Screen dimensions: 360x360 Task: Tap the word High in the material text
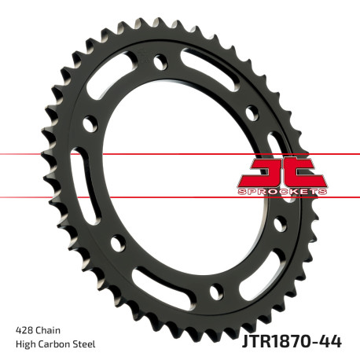coord(26,343)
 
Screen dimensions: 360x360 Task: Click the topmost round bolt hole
coord(161,60)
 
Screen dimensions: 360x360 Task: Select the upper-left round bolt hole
coord(90,123)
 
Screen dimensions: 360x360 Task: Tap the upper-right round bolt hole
coord(251,111)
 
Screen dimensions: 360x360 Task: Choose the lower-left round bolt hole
coord(117,244)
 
